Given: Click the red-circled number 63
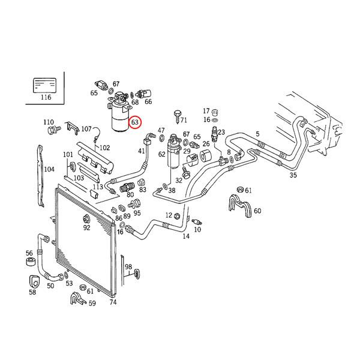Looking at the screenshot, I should [135, 122].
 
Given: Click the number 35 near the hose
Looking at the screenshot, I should [293, 175].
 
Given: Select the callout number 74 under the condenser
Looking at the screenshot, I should [112, 302].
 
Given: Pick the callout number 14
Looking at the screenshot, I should [186, 236].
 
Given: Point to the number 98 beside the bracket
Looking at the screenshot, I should [128, 266].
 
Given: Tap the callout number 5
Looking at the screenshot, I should [258, 134].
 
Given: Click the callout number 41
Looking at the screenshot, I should [142, 151].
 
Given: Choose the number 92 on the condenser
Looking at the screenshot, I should [86, 227].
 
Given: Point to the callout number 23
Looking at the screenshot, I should [221, 133].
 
